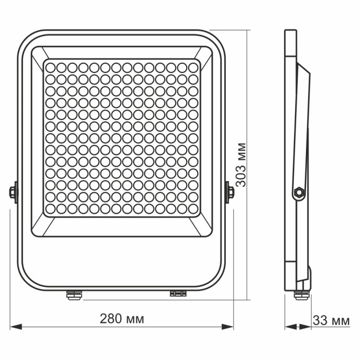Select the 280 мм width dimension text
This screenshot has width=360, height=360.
point(122,319)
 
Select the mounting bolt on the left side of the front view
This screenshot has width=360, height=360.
point(12,192)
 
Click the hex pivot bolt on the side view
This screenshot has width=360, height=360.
point(297,192)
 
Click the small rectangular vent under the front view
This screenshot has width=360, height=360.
point(178,293)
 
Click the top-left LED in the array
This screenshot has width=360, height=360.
point(50,67)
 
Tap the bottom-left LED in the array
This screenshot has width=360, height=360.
point(50,208)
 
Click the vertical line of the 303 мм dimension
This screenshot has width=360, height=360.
point(249,103)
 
